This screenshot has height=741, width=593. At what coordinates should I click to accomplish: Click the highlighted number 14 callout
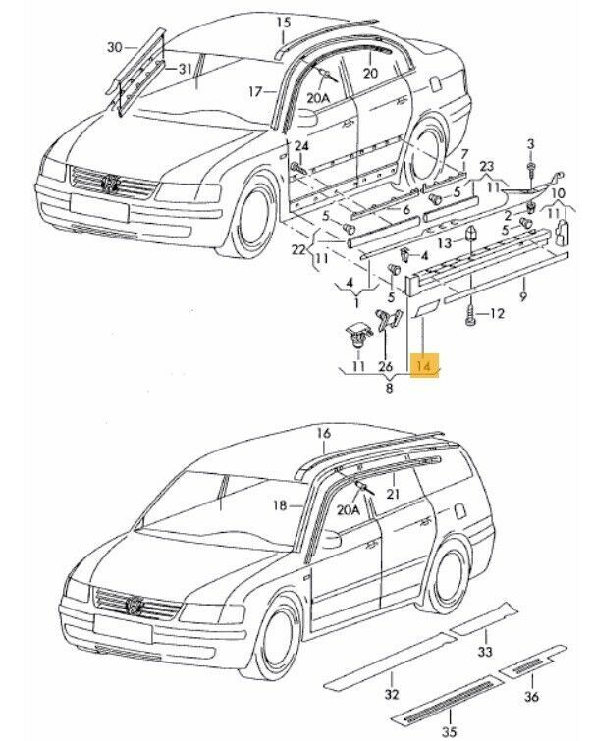coord(424,367)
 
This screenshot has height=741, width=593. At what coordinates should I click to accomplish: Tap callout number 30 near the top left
coord(115,47)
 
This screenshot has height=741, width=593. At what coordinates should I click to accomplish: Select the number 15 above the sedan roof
coord(283,22)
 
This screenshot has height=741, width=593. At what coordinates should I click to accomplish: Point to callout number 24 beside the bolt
coord(301,146)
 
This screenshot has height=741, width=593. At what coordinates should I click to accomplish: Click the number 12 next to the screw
coord(496,314)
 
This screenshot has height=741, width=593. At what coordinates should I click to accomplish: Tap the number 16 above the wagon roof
coord(323,433)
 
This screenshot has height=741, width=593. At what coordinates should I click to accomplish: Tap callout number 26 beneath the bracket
coord(384,367)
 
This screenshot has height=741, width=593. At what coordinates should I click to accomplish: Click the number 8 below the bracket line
coord(389,390)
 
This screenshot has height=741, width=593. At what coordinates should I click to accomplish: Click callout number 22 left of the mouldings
coord(299,251)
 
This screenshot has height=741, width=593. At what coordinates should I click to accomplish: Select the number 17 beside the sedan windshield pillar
coord(256,92)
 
